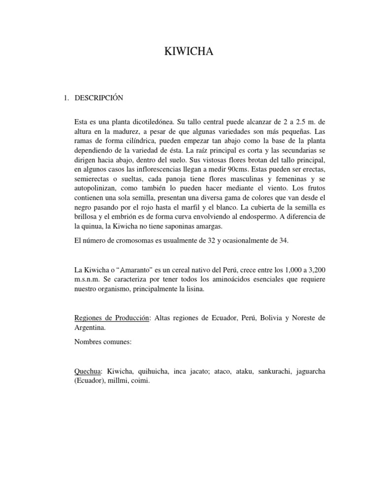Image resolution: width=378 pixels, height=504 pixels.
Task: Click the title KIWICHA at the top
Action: click(x=189, y=52)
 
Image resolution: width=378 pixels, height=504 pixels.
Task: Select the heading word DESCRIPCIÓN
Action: click(x=99, y=98)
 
